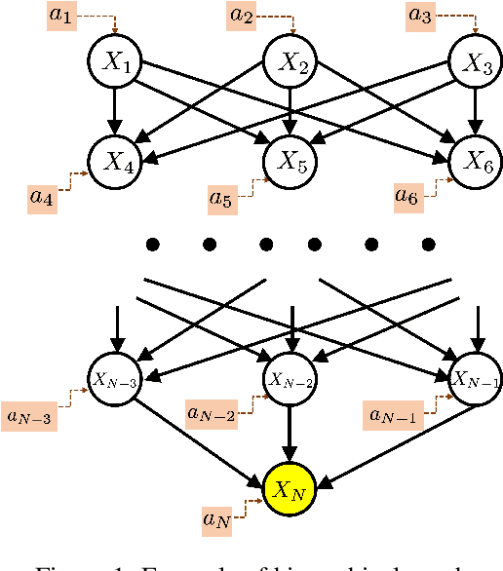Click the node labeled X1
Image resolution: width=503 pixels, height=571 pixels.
[115, 63]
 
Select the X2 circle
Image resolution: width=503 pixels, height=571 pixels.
[293, 63]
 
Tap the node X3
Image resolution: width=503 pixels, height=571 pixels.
[475, 63]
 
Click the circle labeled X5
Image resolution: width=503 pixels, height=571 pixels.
[293, 164]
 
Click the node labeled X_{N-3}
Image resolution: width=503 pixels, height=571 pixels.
[115, 379]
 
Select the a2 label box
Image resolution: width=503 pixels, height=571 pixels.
[242, 15]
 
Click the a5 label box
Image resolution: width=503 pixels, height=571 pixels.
[221, 198]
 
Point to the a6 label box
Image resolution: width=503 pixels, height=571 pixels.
[408, 195]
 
